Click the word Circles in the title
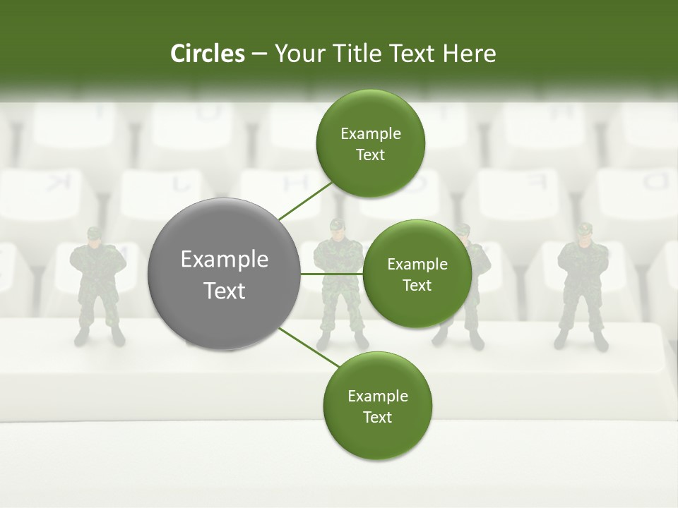(207, 54)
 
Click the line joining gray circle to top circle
(305, 200)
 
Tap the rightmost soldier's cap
(583, 229)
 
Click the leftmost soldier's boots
(99, 337)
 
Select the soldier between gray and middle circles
(338, 282)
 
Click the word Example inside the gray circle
(224, 260)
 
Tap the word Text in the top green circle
(370, 155)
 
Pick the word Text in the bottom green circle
(377, 418)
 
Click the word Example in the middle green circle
(417, 265)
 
